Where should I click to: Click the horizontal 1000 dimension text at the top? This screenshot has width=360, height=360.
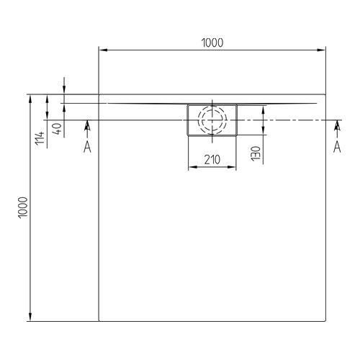click(x=212, y=42)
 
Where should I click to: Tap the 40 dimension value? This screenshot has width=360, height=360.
click(x=55, y=130)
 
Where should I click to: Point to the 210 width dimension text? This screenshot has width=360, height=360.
click(x=212, y=159)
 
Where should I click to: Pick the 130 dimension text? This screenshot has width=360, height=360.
click(x=256, y=153)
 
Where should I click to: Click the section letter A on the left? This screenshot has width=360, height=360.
click(x=87, y=147)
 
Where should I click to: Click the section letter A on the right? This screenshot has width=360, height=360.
click(x=336, y=147)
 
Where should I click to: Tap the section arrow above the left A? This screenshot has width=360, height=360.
click(x=87, y=128)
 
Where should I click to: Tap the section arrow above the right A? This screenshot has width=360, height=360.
click(x=336, y=128)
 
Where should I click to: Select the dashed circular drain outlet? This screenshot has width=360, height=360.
click(x=212, y=120)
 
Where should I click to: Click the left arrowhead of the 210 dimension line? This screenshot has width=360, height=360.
click(x=191, y=168)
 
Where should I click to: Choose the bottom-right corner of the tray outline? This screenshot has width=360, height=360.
click(x=324, y=320)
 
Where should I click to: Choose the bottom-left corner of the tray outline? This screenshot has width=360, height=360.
click(x=98, y=320)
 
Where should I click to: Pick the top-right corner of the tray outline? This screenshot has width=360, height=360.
click(x=324, y=94)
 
